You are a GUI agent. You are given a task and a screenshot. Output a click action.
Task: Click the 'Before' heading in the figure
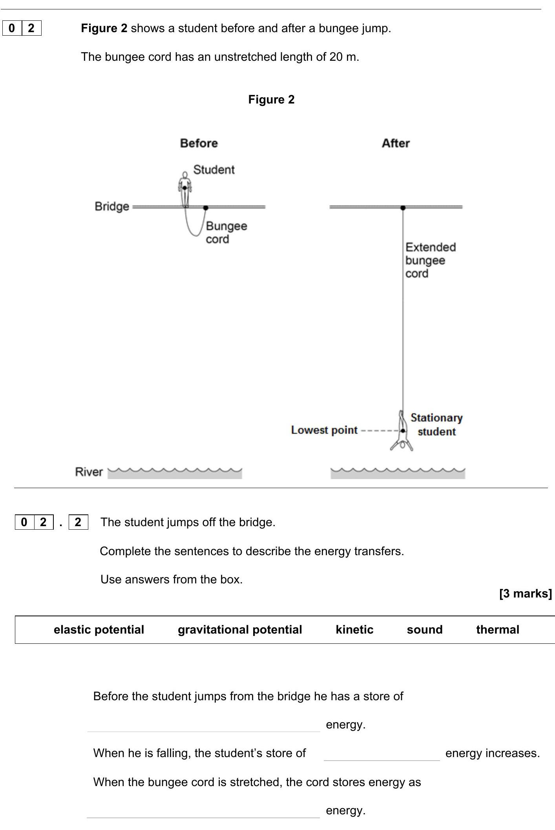(199, 143)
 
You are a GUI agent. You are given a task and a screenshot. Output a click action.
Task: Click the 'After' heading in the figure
(396, 143)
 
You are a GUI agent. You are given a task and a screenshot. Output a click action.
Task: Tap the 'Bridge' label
(112, 206)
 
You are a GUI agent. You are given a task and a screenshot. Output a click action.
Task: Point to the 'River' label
(89, 472)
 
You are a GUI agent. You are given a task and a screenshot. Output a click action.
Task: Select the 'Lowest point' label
(324, 430)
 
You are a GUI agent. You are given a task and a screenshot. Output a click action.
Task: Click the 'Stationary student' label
(436, 425)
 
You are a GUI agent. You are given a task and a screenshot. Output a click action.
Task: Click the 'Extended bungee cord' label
(430, 260)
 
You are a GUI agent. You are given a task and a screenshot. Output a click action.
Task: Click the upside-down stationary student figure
(402, 431)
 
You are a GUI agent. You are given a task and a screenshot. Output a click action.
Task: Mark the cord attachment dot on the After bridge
(403, 207)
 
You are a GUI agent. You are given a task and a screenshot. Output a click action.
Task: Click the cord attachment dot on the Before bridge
(206, 207)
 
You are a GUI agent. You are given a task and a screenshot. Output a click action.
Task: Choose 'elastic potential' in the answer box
(99, 630)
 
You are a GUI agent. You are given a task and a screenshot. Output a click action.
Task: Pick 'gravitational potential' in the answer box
(240, 630)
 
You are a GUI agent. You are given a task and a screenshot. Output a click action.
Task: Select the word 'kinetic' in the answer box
(354, 630)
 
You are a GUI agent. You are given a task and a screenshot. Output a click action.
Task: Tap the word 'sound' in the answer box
(425, 630)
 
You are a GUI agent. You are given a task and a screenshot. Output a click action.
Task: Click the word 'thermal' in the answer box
(498, 630)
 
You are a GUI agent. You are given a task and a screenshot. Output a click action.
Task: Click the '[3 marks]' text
(525, 594)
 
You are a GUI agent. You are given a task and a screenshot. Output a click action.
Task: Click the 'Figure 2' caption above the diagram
(271, 100)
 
